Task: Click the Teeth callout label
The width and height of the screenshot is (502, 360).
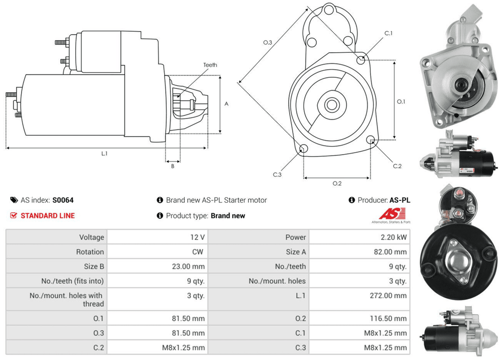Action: tap(210, 65)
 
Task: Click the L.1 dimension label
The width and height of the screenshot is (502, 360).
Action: tap(104, 154)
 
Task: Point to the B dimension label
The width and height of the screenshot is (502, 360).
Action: tap(172, 166)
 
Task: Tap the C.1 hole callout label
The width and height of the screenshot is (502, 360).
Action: tap(388, 33)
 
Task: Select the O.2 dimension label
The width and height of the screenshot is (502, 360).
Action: tap(337, 183)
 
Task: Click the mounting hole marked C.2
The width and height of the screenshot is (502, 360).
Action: tap(371, 139)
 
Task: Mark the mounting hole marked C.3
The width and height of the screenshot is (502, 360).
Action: tap(303, 148)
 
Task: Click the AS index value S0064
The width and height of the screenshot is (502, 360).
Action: tap(63, 200)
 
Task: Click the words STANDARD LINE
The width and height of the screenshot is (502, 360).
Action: tap(48, 215)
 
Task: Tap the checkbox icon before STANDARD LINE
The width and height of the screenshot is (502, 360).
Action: tap(14, 215)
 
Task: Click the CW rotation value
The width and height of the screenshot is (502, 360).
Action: tap(198, 252)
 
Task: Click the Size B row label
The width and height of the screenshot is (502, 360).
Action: tap(91, 266)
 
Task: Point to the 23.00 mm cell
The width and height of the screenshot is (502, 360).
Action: tap(188, 266)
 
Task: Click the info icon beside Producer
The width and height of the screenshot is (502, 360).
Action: tap(352, 200)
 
